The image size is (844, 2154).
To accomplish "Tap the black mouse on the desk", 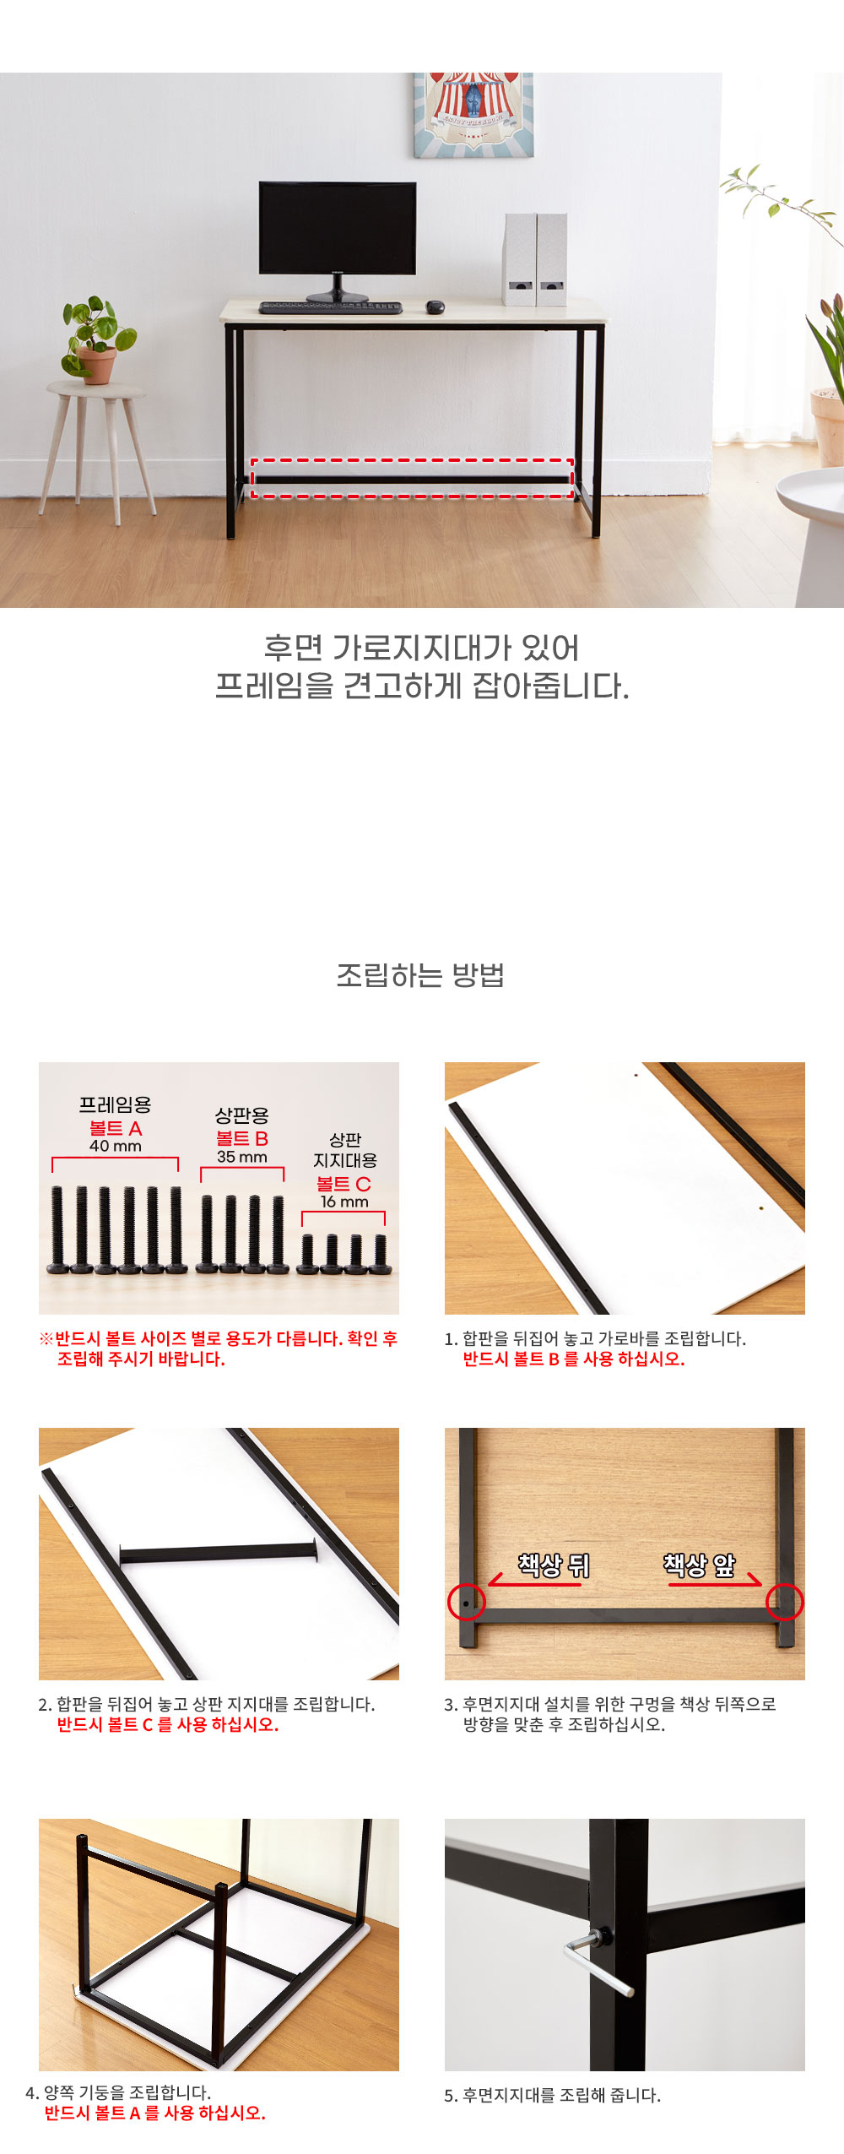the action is click(x=435, y=307).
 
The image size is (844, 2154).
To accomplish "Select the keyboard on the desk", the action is click(x=330, y=307).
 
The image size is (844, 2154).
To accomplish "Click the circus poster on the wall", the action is click(x=473, y=115).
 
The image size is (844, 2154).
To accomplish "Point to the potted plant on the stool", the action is click(x=97, y=339).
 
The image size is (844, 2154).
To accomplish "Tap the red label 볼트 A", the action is click(x=116, y=1128).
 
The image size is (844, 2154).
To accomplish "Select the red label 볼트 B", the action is click(x=242, y=1138).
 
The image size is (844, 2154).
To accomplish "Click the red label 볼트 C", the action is click(x=344, y=1184).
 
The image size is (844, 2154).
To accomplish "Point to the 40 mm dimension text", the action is click(x=116, y=1146).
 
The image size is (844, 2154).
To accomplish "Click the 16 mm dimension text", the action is click(x=344, y=1202).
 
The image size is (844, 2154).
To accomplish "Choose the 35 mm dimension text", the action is click(x=242, y=1157).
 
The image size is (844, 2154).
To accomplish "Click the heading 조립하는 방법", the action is click(x=421, y=975).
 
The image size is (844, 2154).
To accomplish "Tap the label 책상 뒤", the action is click(x=554, y=1565).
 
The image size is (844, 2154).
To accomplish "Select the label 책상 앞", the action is click(x=699, y=1565).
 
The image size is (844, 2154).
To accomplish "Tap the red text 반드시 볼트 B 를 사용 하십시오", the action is click(x=574, y=1359).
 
